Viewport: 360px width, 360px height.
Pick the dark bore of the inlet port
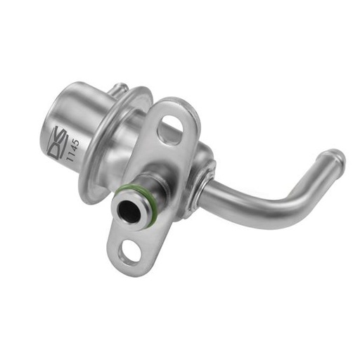[129, 211]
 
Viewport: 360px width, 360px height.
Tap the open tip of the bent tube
[334, 156]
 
